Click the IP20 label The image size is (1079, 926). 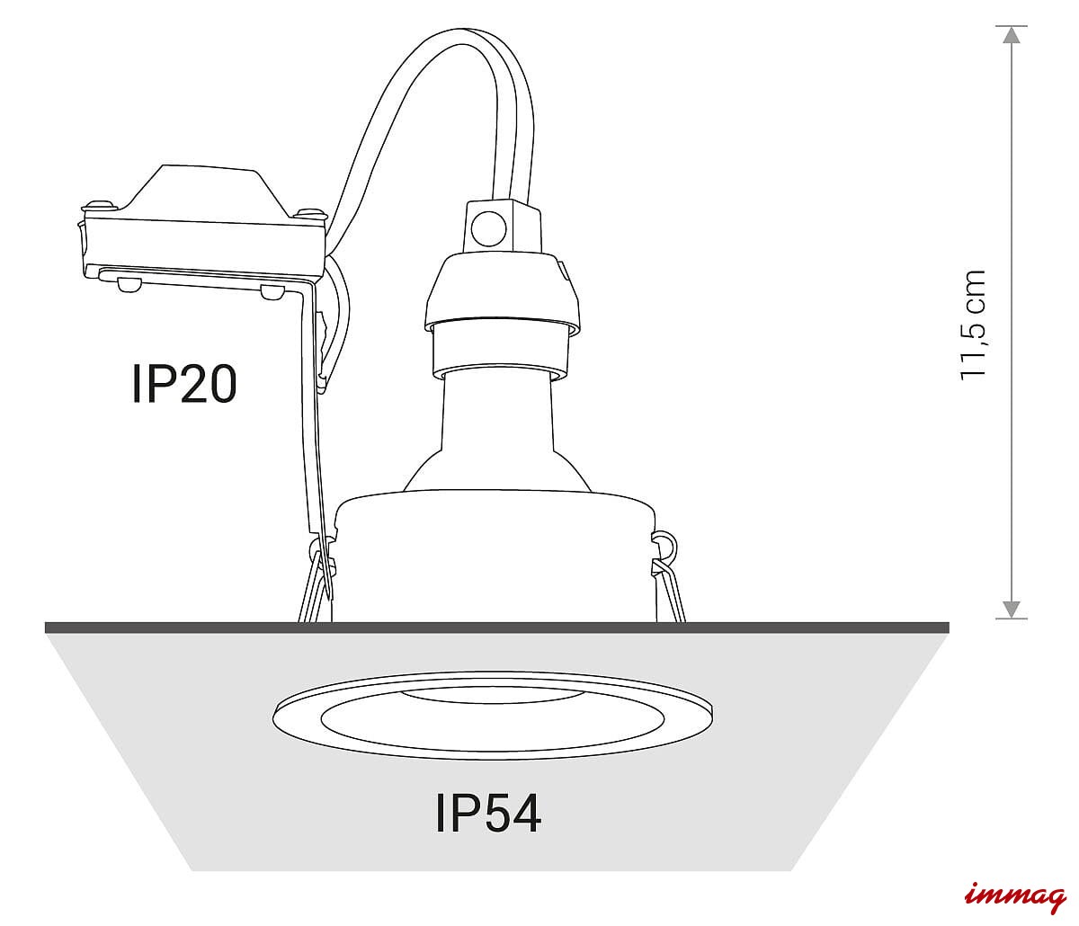click(x=184, y=383)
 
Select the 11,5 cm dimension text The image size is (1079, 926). click(x=971, y=325)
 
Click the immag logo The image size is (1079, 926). click(x=1015, y=896)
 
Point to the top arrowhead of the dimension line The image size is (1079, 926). click(x=1012, y=34)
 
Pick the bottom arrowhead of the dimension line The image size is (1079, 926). click(x=1012, y=610)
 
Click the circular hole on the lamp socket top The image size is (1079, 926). click(x=488, y=228)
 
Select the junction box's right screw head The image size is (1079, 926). click(x=308, y=213)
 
